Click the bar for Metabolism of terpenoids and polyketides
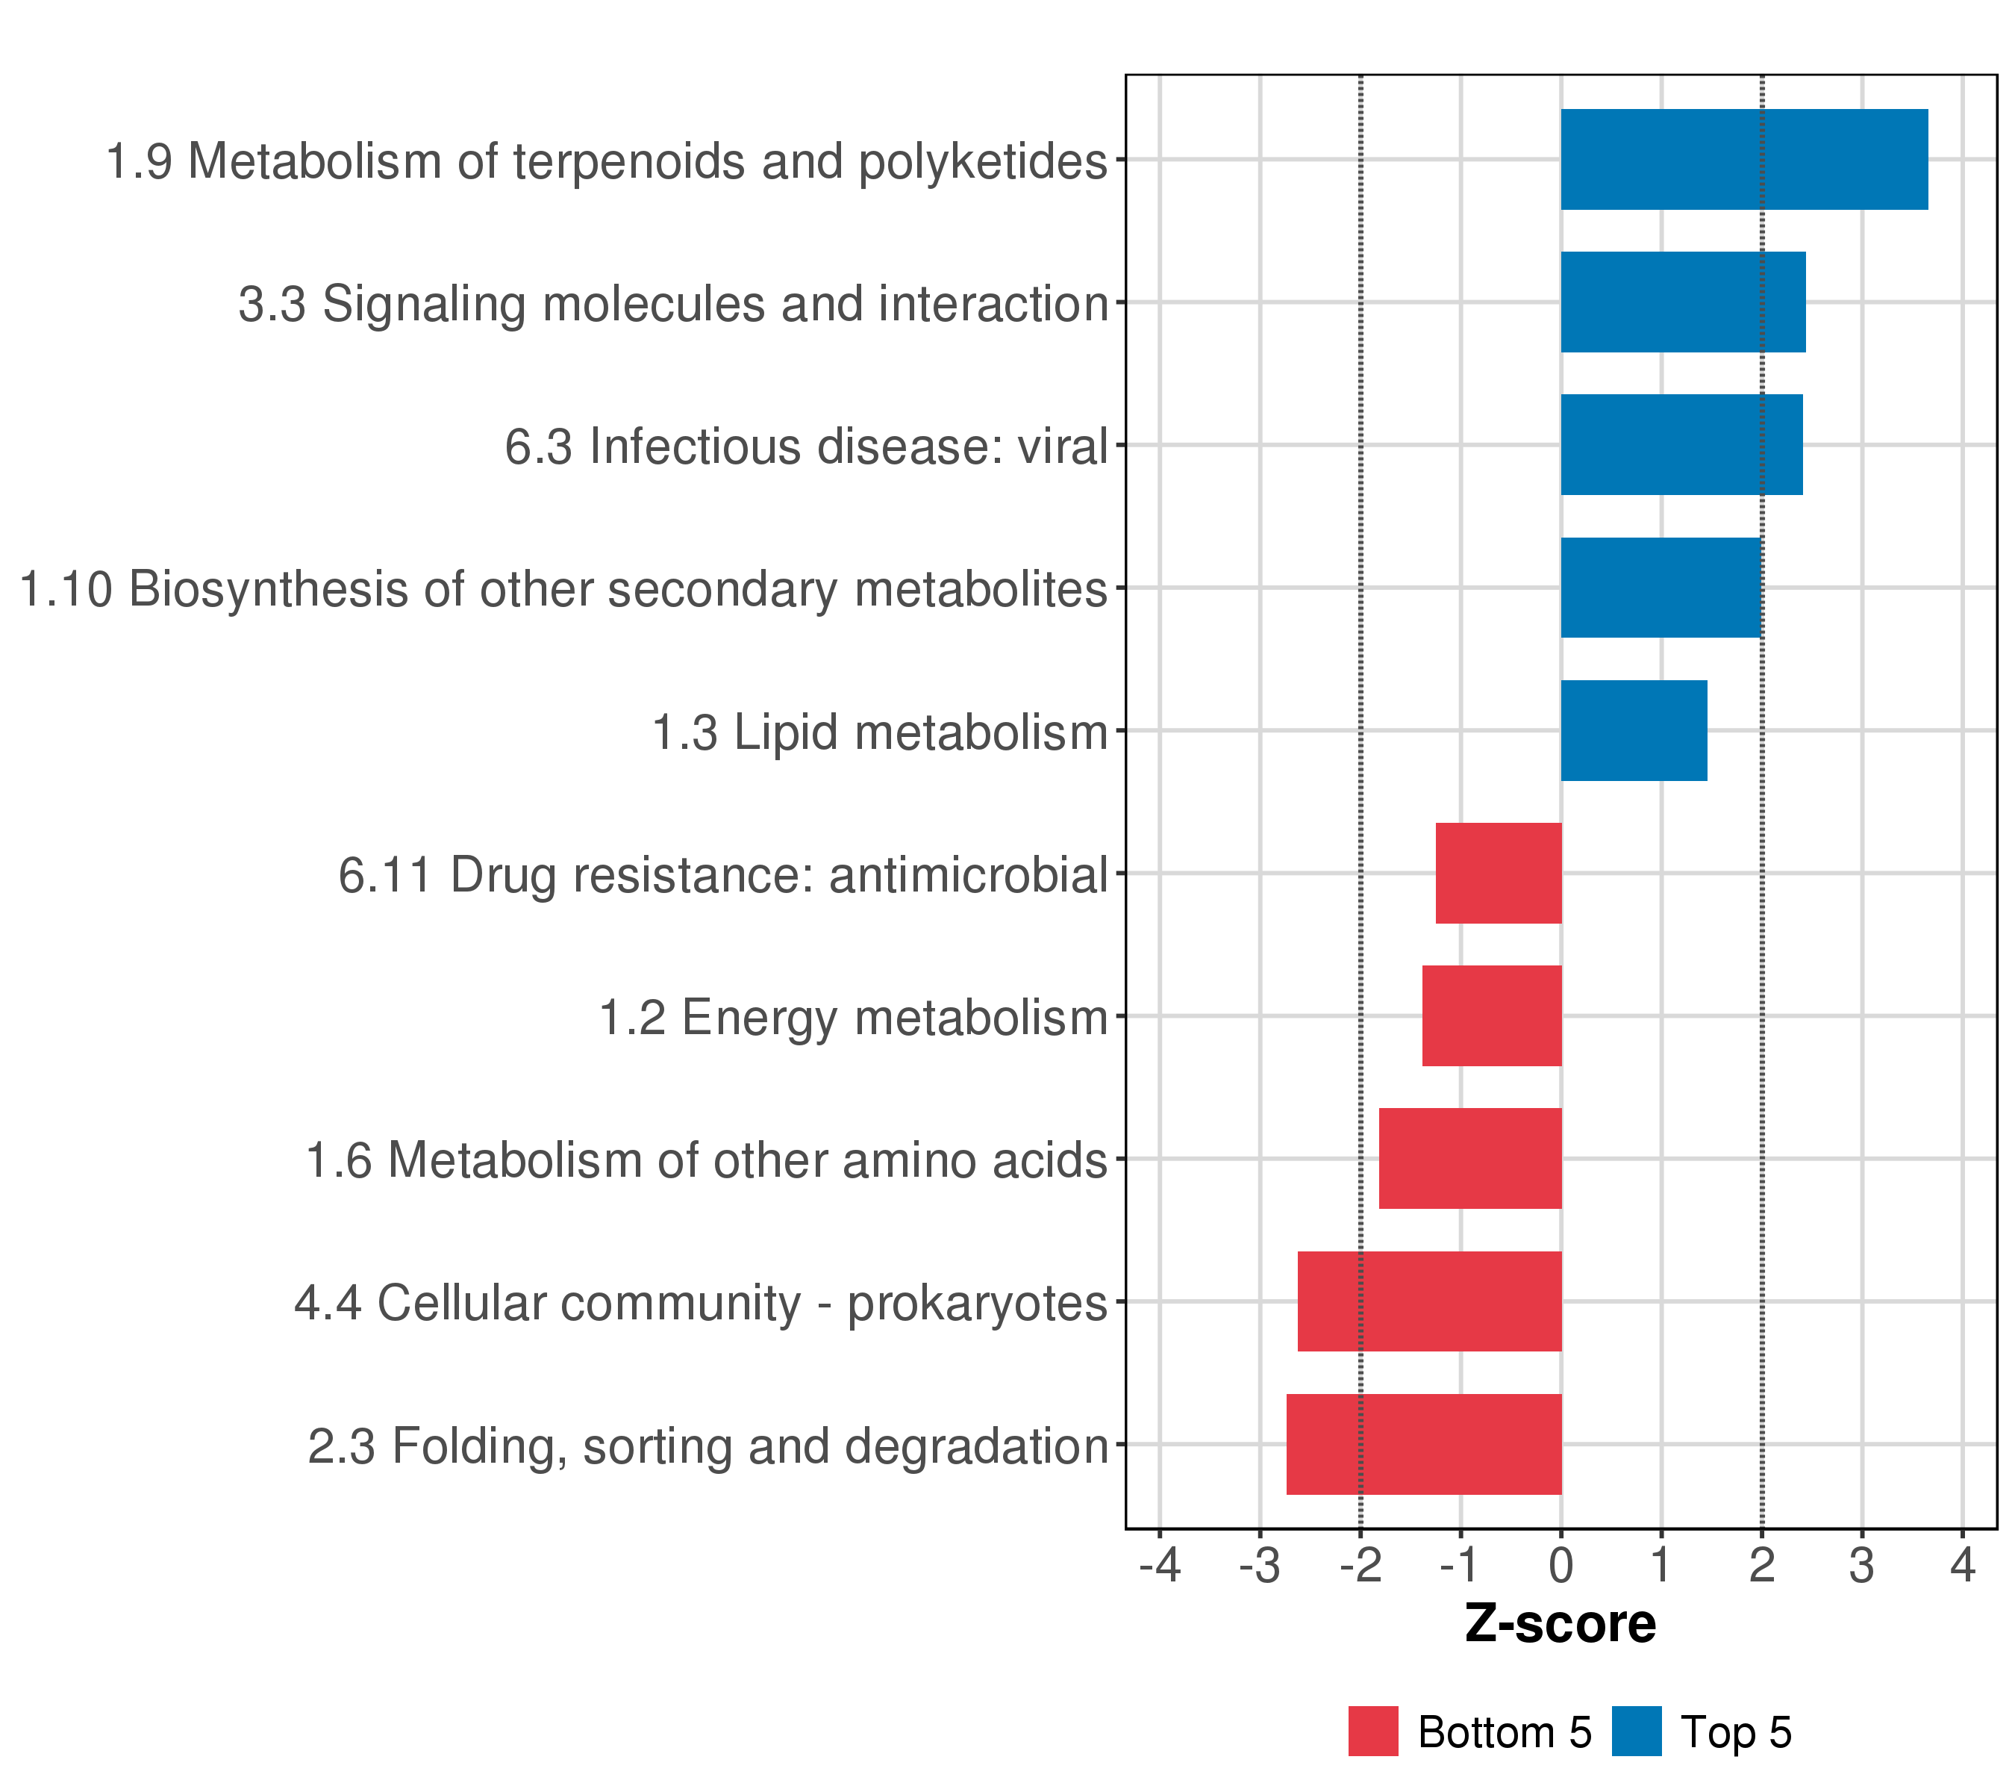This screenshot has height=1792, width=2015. coord(1743,160)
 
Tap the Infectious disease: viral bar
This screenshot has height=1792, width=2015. coord(1681,445)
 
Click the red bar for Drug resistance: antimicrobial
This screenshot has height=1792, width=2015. coord(1498,873)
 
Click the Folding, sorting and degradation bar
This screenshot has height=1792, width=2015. coord(1422,1444)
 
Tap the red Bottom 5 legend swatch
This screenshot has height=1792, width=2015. coord(1372,1731)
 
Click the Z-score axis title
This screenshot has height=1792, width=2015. coord(1560,1624)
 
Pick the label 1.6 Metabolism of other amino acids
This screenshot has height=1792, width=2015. coord(707,1160)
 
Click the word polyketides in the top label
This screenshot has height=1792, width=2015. coord(983,162)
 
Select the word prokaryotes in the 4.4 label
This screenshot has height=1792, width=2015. coord(977,1304)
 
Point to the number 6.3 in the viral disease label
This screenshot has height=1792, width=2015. coord(538,447)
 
